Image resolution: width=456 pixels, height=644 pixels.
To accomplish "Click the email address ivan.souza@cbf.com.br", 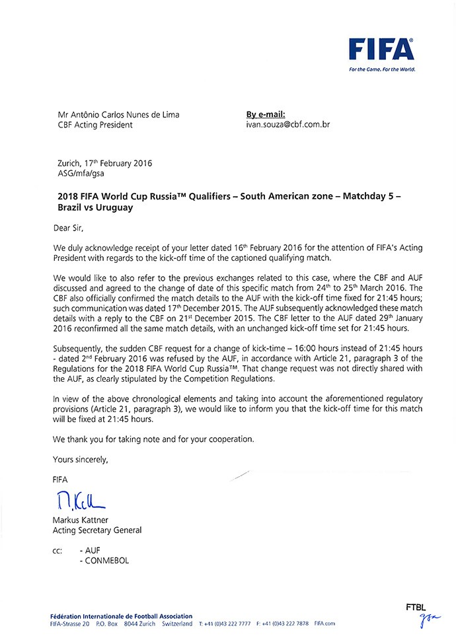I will [x=287, y=124].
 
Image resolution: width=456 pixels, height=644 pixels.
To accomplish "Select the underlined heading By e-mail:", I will [x=266, y=114].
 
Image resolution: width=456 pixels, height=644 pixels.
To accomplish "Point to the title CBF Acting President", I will [x=95, y=124].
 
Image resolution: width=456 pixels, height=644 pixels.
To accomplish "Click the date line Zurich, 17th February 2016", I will [x=105, y=163].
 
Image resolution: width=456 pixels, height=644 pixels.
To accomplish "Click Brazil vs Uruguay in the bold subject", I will [x=96, y=207].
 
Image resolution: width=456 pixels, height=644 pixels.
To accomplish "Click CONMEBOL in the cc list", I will [x=104, y=561].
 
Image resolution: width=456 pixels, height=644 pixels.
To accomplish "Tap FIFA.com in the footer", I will [x=325, y=624].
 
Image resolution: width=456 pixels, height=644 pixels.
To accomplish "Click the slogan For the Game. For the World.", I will [x=382, y=68].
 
